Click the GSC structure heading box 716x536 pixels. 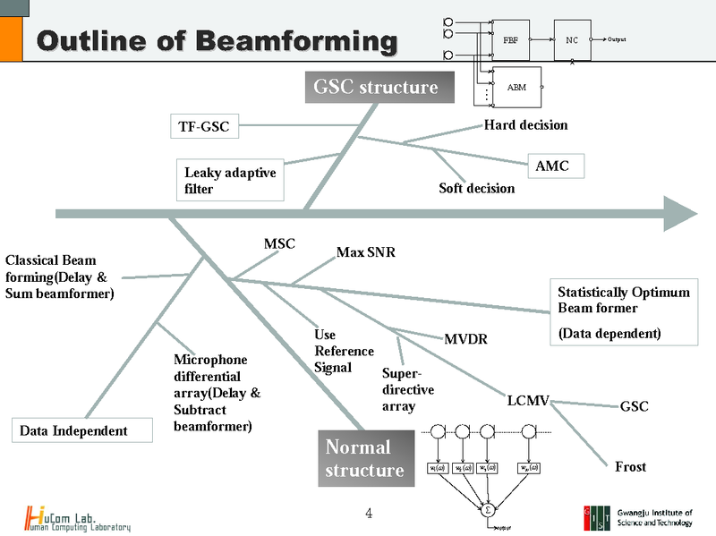375,88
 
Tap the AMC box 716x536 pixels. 552,166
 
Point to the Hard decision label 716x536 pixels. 525,125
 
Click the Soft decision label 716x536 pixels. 476,188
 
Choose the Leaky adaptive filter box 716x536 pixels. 230,181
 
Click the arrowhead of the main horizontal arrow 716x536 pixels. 680,213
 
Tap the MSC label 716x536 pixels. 279,243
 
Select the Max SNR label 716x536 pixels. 365,253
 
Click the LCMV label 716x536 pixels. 528,401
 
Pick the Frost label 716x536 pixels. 630,466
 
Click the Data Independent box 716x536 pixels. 74,430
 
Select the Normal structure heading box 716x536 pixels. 367,458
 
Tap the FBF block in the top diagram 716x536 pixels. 511,40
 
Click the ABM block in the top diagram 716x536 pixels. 516,87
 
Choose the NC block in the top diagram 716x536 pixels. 572,40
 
